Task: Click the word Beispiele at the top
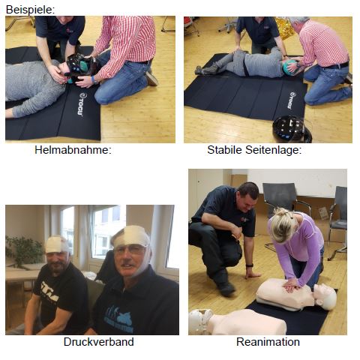click(x=30, y=10)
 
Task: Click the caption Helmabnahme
click(x=73, y=150)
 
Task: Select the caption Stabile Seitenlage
click(x=254, y=150)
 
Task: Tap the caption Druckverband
click(x=98, y=342)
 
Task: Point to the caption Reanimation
click(x=268, y=342)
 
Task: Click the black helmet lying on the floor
click(x=292, y=129)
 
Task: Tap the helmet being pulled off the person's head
click(x=81, y=67)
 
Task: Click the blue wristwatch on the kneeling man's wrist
click(x=94, y=79)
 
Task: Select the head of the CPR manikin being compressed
click(x=325, y=296)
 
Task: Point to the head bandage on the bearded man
click(x=56, y=244)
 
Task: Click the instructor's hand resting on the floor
click(x=253, y=275)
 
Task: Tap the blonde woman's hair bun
click(x=283, y=212)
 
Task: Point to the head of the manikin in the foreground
click(x=199, y=321)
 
